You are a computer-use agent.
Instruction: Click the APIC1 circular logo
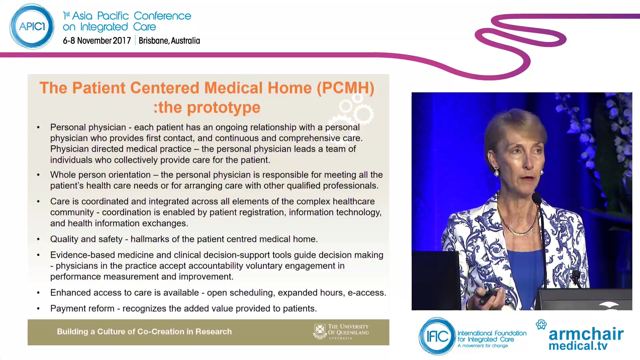pyautogui.click(x=32, y=26)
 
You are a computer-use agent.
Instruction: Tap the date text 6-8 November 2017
pyautogui.click(x=97, y=41)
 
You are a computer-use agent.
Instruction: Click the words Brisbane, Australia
pyautogui.click(x=169, y=41)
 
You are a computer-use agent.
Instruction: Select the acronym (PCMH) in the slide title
pyautogui.click(x=345, y=88)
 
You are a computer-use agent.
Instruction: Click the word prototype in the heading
pyautogui.click(x=223, y=108)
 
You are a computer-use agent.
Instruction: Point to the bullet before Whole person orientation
pyautogui.click(x=38, y=175)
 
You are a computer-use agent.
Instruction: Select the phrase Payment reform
pyautogui.click(x=82, y=309)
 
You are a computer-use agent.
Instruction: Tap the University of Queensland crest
pyautogui.click(x=320, y=331)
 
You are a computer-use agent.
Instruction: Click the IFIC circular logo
pyautogui.click(x=437, y=336)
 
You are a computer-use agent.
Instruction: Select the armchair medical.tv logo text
pyautogui.click(x=586, y=338)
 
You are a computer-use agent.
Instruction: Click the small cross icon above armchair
pyautogui.click(x=541, y=324)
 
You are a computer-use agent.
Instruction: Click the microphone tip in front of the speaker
pyautogui.click(x=536, y=198)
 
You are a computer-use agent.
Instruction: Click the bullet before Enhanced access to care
pyautogui.click(x=38, y=293)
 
